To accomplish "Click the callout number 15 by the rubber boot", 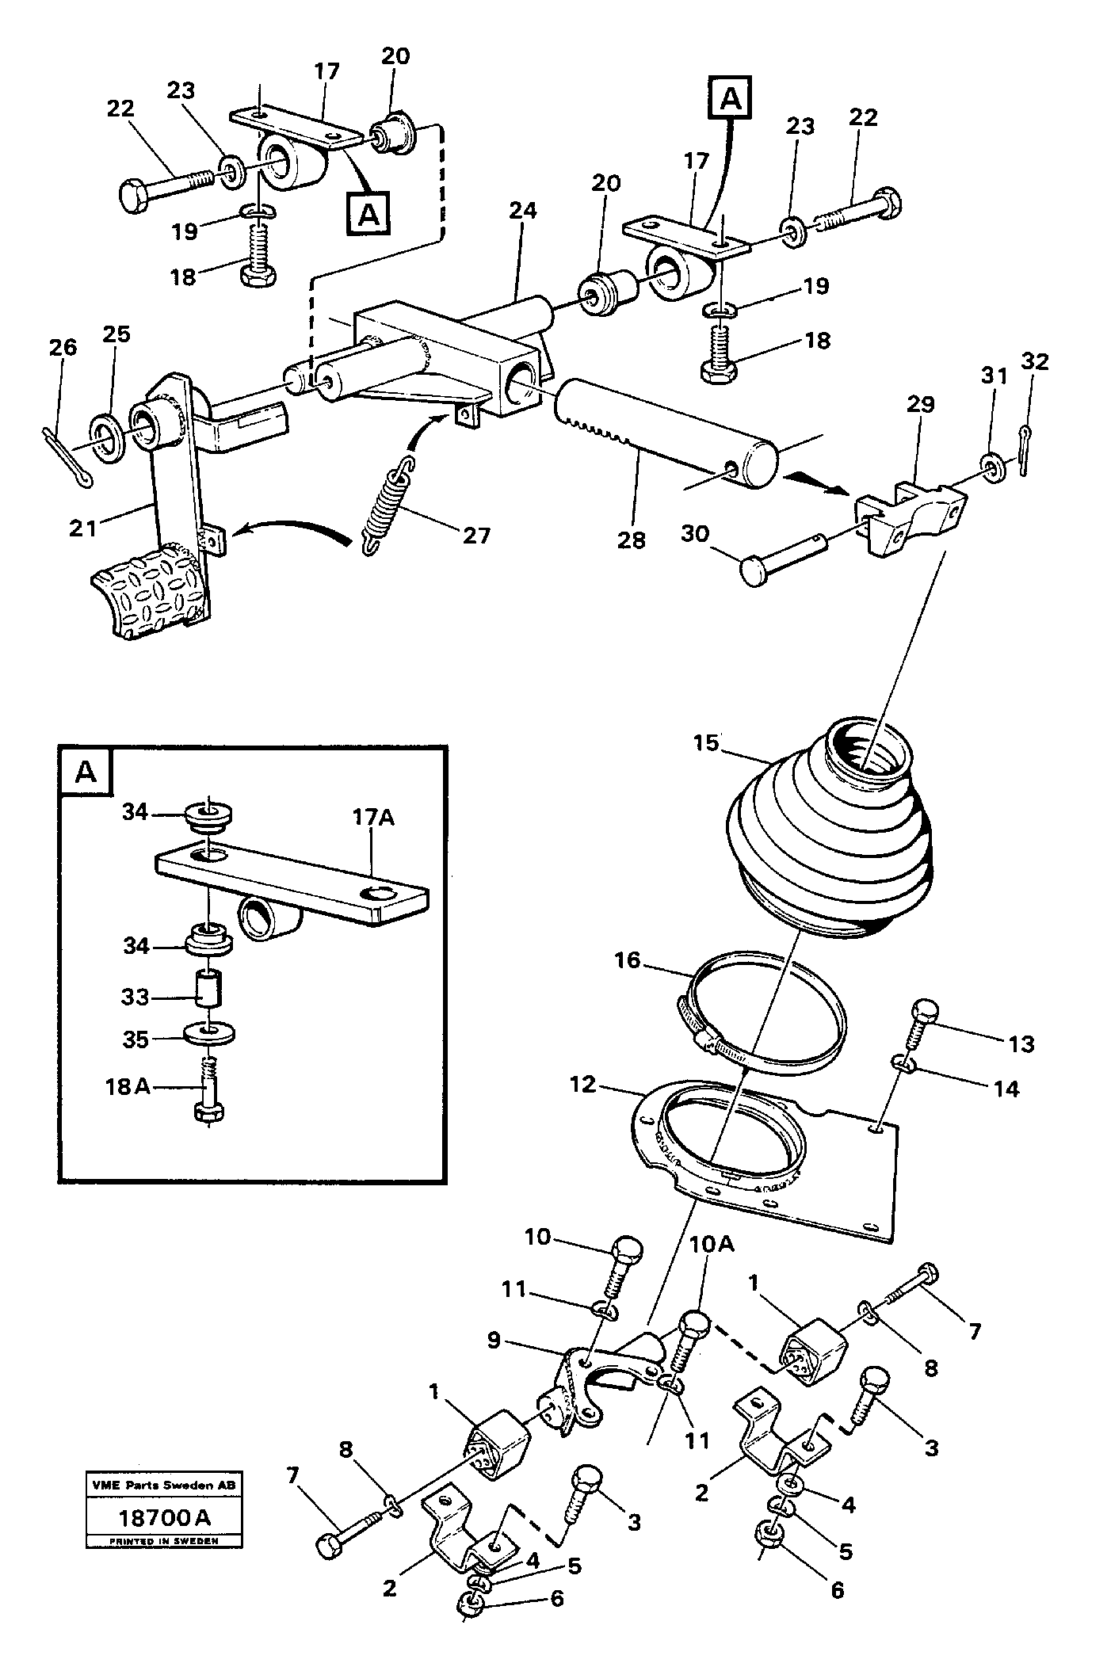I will click(x=704, y=743).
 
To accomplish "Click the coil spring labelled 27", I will click(x=386, y=505).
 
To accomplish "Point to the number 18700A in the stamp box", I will click(x=163, y=1518).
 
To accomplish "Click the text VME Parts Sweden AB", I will click(x=164, y=1483).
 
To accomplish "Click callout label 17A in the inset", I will click(x=372, y=817).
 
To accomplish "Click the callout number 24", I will click(x=522, y=211).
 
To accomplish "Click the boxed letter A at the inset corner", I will click(x=86, y=772).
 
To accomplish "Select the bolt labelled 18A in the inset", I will click(x=208, y=1097).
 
